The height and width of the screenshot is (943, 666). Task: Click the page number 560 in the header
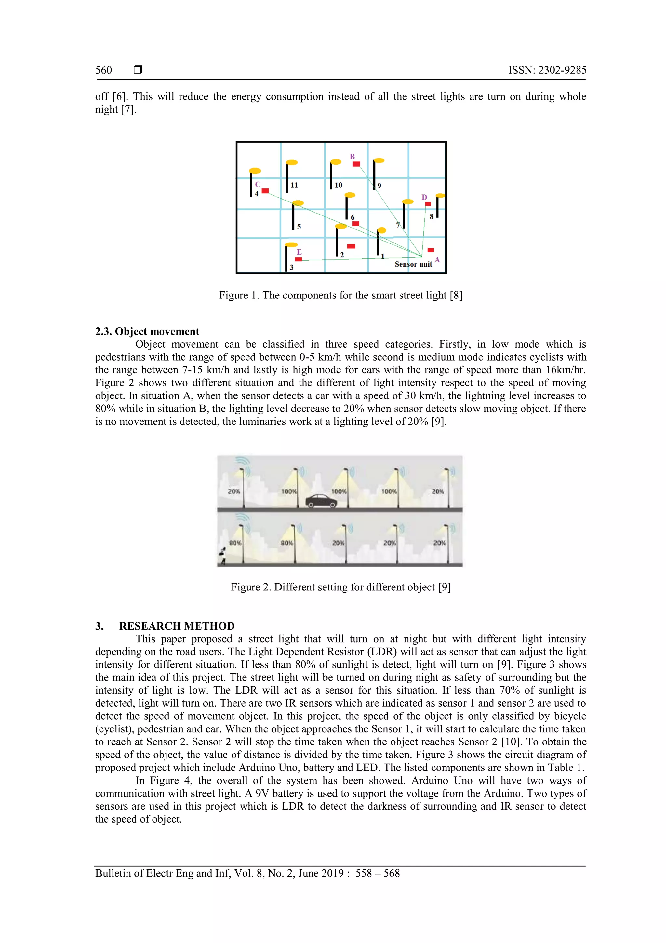pyautogui.click(x=103, y=70)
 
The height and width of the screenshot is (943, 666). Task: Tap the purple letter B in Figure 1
pyautogui.click(x=352, y=157)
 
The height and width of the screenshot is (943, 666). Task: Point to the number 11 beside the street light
pyautogui.click(x=294, y=185)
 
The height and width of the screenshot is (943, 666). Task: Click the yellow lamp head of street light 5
pyautogui.click(x=298, y=203)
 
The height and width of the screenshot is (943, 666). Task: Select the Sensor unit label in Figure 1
pyautogui.click(x=413, y=264)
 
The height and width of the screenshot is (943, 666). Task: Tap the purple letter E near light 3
pyautogui.click(x=299, y=252)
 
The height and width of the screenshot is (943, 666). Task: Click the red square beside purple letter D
pyautogui.click(x=428, y=204)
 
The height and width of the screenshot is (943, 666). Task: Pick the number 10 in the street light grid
pyautogui.click(x=338, y=185)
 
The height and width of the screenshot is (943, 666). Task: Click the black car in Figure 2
pyautogui.click(x=321, y=501)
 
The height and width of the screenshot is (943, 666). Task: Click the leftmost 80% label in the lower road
pyautogui.click(x=235, y=543)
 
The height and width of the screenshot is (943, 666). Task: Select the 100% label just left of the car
pyautogui.click(x=289, y=491)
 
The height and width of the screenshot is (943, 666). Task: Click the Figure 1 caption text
pyautogui.click(x=340, y=295)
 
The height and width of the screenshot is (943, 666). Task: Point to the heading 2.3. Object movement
pyautogui.click(x=147, y=331)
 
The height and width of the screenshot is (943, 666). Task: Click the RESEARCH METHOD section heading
pyautogui.click(x=177, y=626)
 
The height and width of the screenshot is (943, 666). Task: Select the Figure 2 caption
pyautogui.click(x=340, y=587)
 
